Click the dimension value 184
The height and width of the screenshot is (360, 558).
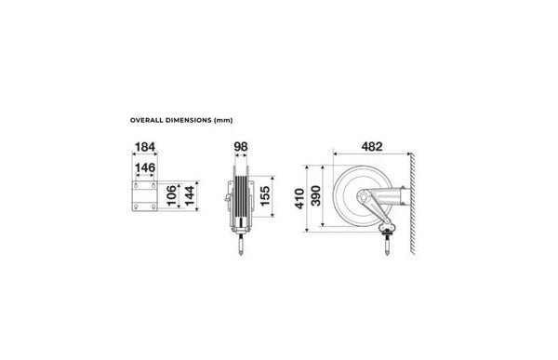click(x=145, y=147)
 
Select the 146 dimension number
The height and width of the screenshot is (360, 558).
click(x=145, y=167)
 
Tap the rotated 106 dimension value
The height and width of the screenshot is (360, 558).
click(x=171, y=195)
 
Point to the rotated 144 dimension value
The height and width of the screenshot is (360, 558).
click(x=190, y=195)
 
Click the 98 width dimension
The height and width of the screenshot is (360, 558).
click(x=241, y=147)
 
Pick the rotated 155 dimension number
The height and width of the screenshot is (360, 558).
click(x=265, y=196)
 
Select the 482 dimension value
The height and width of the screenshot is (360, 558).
click(x=372, y=147)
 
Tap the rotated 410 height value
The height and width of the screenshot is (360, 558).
click(x=299, y=199)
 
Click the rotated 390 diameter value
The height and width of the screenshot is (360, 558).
click(x=315, y=195)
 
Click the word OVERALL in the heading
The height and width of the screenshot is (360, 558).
click(x=142, y=120)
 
